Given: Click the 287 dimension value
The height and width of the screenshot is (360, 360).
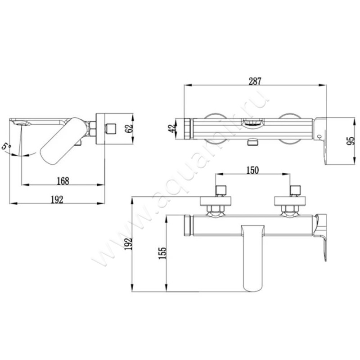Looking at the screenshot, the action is pyautogui.click(x=255, y=81).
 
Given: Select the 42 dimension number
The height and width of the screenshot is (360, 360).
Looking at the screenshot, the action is pyautogui.click(x=172, y=128).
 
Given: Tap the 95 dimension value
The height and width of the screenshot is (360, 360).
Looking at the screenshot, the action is pyautogui.click(x=351, y=141).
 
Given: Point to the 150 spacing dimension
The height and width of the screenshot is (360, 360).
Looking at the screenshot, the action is pyautogui.click(x=252, y=170).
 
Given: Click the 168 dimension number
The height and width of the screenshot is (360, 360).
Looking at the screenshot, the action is pyautogui.click(x=63, y=181).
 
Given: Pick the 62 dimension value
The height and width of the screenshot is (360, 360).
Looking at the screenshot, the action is pyautogui.click(x=129, y=128).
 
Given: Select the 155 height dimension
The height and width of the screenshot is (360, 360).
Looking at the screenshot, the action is pyautogui.click(x=162, y=253).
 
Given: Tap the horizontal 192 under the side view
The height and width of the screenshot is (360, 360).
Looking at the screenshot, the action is pyautogui.click(x=57, y=200).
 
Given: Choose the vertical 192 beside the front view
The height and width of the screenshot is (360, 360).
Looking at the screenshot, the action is pyautogui.click(x=129, y=244).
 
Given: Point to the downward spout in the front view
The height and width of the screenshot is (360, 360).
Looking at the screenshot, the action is pyautogui.click(x=253, y=258).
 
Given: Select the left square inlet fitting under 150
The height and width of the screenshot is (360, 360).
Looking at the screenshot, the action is pyautogui.click(x=221, y=190).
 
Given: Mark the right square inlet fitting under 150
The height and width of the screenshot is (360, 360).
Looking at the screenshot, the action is pyautogui.click(x=295, y=190).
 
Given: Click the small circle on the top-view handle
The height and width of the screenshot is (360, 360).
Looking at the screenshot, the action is pyautogui.click(x=319, y=137).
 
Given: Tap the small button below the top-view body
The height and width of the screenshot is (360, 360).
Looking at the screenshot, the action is pyautogui.click(x=252, y=142).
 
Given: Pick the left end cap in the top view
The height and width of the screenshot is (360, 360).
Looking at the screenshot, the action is pyautogui.click(x=188, y=129).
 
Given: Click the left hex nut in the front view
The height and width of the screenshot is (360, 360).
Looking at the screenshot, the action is pyautogui.click(x=216, y=208).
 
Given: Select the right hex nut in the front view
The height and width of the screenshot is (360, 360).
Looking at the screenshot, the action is pyautogui.click(x=290, y=208).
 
